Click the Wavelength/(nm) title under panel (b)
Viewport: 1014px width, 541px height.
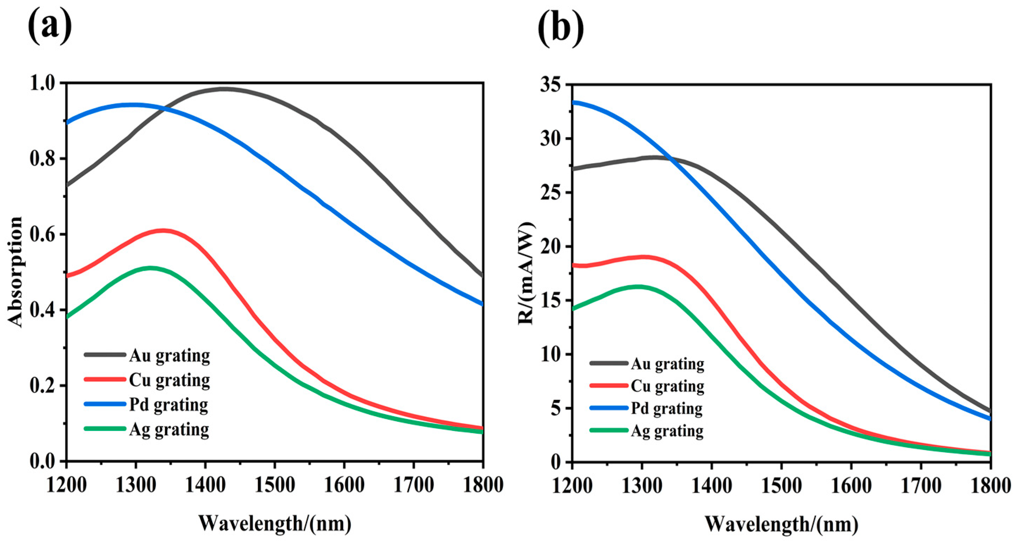pyautogui.click(x=781, y=524)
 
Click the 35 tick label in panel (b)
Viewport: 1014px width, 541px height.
pyautogui.click(x=552, y=85)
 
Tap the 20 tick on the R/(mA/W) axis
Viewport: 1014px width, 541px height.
pyautogui.click(x=552, y=247)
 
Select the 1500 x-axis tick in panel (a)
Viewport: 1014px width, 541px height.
pyautogui.click(x=274, y=485)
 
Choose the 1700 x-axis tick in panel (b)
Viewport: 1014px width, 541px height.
pyautogui.click(x=921, y=486)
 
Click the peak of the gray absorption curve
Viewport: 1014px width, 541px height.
pyautogui.click(x=223, y=89)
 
